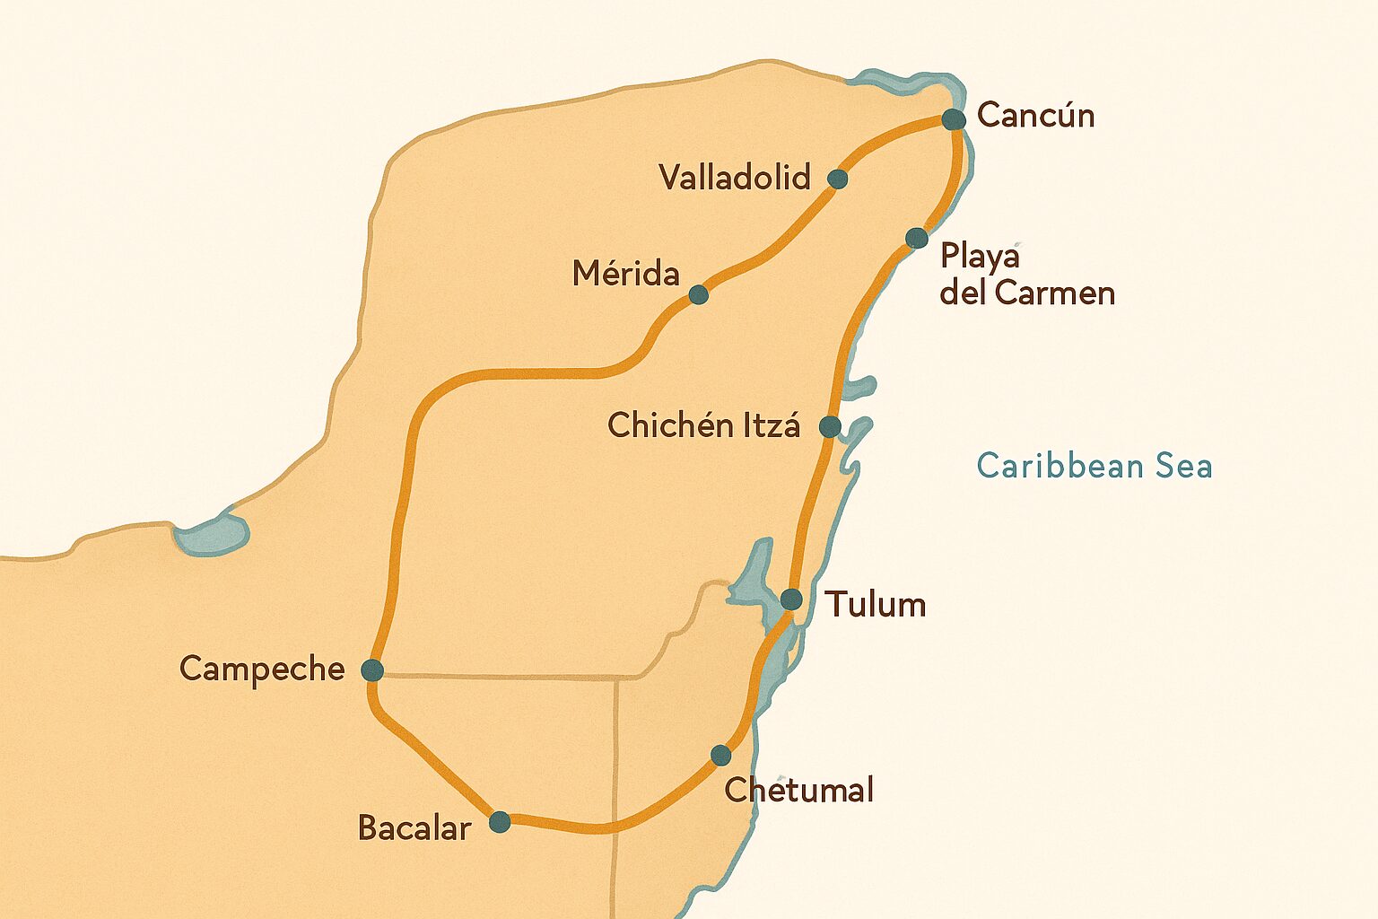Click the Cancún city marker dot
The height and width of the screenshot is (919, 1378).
pyautogui.click(x=954, y=119)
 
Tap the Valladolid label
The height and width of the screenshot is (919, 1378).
pyautogui.click(x=735, y=177)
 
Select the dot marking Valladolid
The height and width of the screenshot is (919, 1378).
pyautogui.click(x=837, y=179)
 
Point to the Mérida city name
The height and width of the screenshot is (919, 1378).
pyautogui.click(x=625, y=273)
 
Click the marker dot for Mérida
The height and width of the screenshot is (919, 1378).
pyautogui.click(x=698, y=294)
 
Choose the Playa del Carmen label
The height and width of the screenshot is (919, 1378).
pyautogui.click(x=1026, y=275)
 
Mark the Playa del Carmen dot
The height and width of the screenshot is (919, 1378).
pyautogui.click(x=916, y=238)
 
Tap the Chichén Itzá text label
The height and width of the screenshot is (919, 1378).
pyautogui.click(x=703, y=424)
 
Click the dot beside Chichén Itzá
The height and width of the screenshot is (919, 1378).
pyautogui.click(x=831, y=426)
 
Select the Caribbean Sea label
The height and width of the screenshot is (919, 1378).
pyautogui.click(x=1094, y=466)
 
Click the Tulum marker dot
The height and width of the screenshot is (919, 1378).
pyautogui.click(x=791, y=599)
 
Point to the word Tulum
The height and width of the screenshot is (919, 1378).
pyautogui.click(x=876, y=604)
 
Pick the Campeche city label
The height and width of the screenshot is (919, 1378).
pyautogui.click(x=262, y=669)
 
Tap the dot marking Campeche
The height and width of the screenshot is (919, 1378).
pyautogui.click(x=371, y=670)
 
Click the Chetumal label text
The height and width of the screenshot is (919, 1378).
pyautogui.click(x=798, y=790)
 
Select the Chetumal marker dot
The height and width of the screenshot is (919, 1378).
pyautogui.click(x=720, y=755)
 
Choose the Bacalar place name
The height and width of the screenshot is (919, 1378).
pyautogui.click(x=414, y=827)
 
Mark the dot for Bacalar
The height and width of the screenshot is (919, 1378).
pyautogui.click(x=500, y=821)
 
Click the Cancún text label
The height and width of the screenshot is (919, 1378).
pyautogui.click(x=1035, y=115)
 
